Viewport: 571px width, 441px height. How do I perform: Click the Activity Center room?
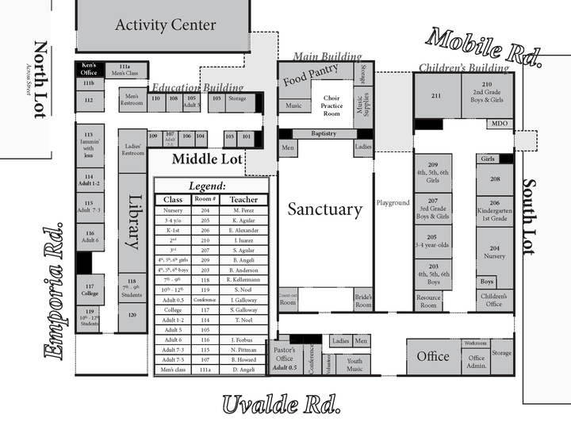(x=165, y=25)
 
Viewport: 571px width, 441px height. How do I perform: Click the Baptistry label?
(x=324, y=134)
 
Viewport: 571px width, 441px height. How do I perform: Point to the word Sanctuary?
(x=324, y=209)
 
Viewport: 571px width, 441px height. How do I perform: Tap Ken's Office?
(x=89, y=69)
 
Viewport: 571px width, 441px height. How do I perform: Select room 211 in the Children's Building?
(x=436, y=95)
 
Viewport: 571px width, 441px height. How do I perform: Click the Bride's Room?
(x=363, y=300)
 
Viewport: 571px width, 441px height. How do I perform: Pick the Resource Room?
(x=428, y=301)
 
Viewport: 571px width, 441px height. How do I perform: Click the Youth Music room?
(x=354, y=363)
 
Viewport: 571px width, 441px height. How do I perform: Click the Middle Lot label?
(x=207, y=159)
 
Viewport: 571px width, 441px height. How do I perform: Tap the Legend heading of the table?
(x=210, y=184)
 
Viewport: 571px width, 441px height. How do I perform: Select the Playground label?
(x=393, y=203)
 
